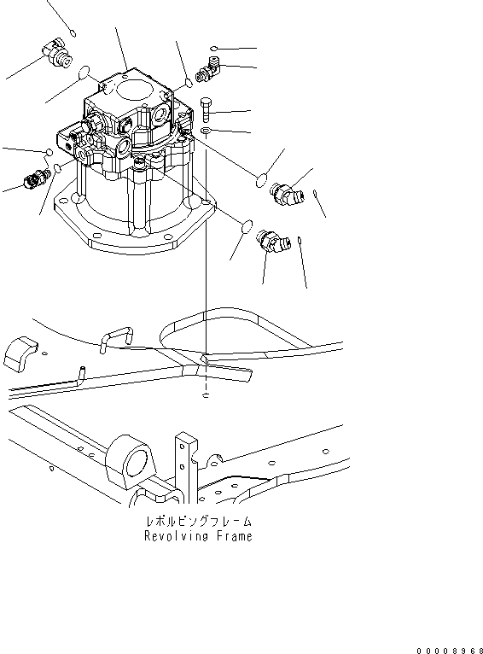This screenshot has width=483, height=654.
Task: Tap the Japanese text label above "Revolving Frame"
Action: (x=199, y=521)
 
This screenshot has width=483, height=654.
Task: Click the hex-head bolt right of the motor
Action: (x=207, y=109)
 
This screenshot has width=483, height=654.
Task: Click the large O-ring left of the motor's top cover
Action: (x=84, y=74)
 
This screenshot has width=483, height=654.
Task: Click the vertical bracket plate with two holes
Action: (x=183, y=461)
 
